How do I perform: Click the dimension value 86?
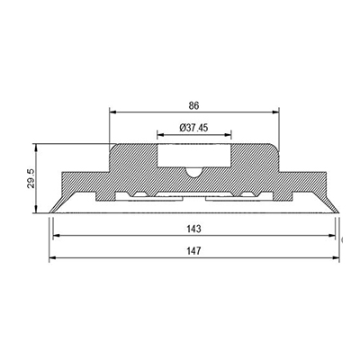click(193, 105)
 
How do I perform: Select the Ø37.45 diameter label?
click(193, 128)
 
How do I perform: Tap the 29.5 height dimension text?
click(31, 178)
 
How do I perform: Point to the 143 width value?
click(193, 229)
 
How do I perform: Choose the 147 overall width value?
click(193, 250)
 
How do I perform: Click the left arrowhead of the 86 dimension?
click(112, 112)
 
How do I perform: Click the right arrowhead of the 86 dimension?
click(275, 112)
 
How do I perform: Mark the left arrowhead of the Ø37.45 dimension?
click(161, 135)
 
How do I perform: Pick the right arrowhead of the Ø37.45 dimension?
click(228, 135)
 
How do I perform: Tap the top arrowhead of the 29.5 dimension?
click(36, 148)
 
